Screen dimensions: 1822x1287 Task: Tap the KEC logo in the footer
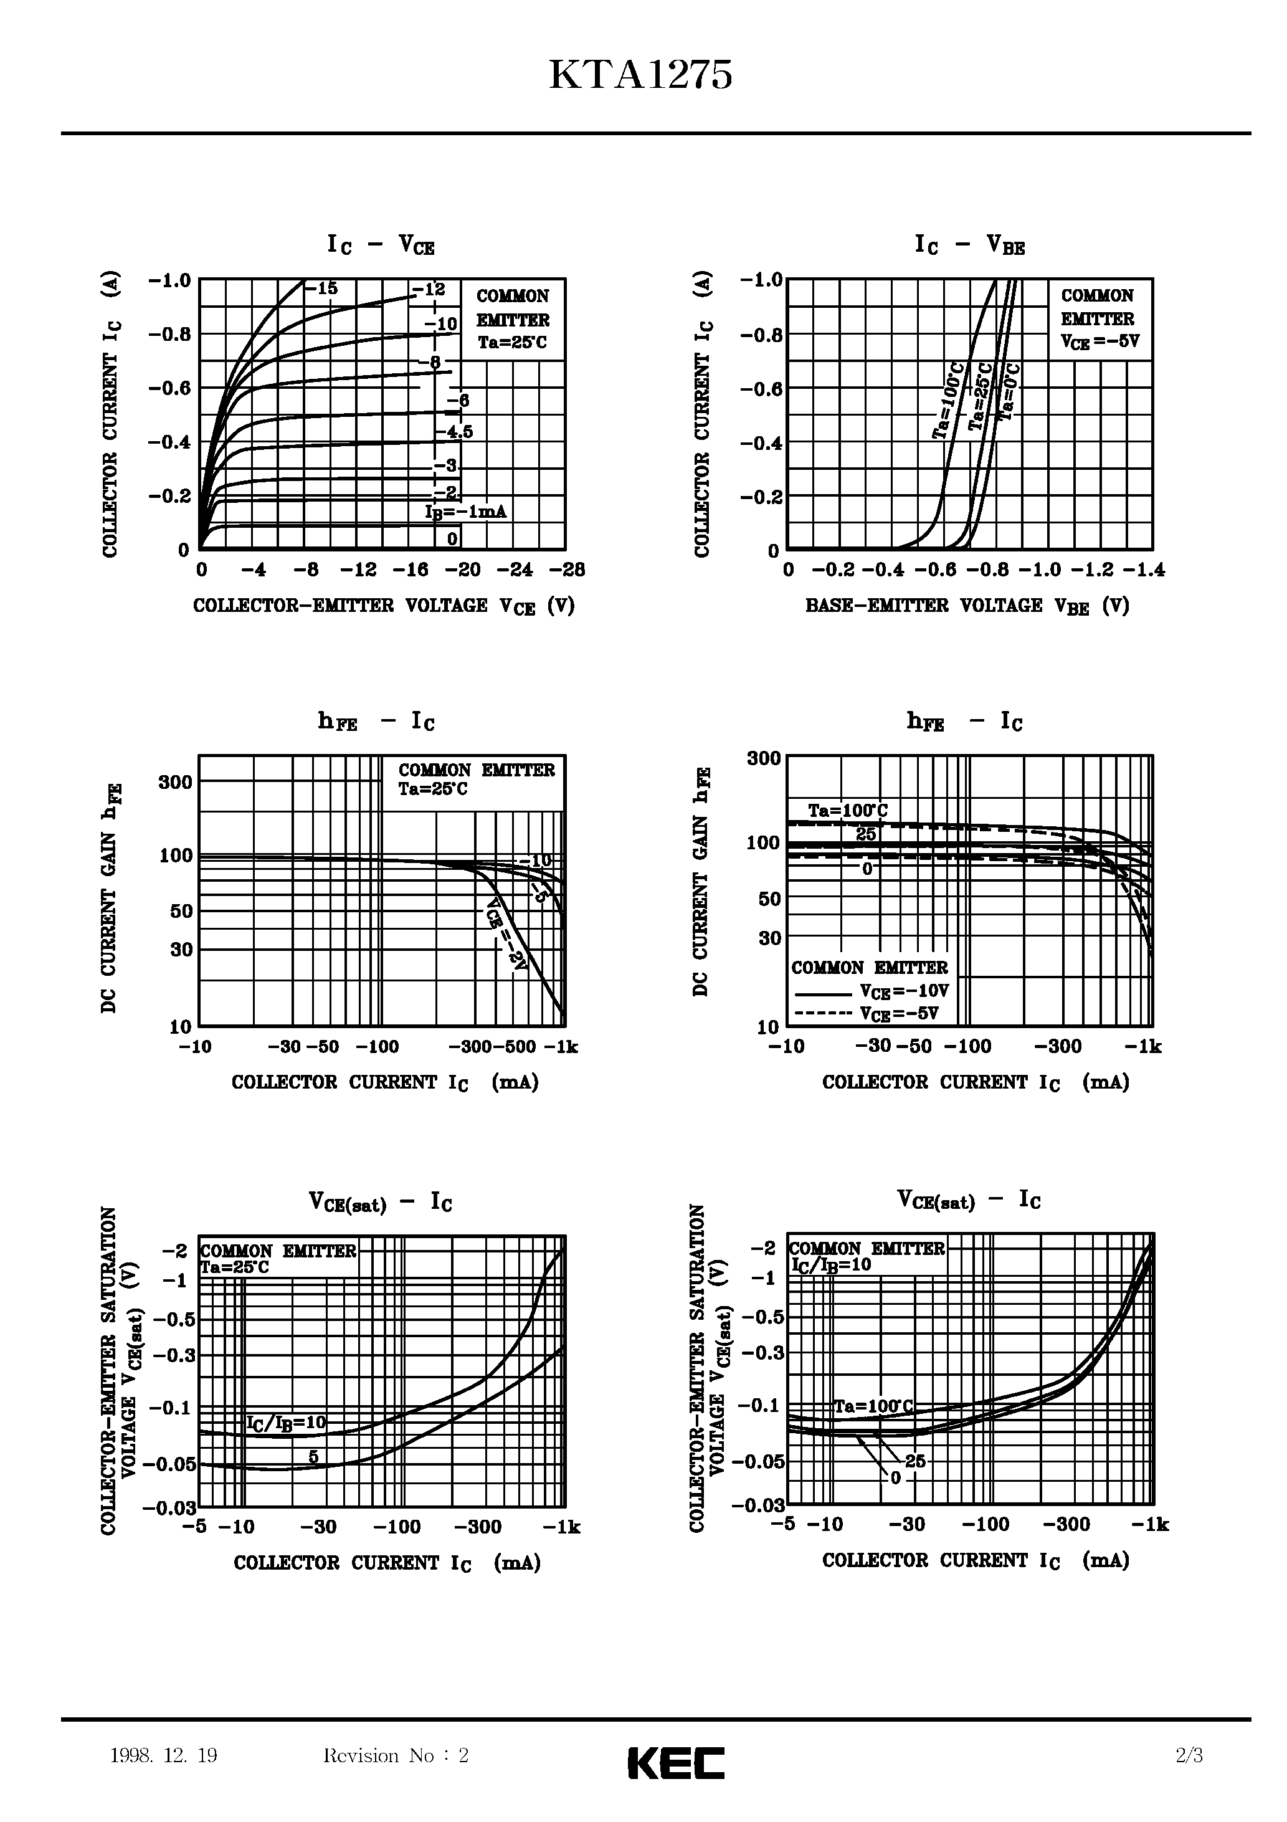[x=676, y=1764]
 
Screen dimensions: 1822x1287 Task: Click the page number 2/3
[x=1189, y=1756]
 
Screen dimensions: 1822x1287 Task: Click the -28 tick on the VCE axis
[x=568, y=570]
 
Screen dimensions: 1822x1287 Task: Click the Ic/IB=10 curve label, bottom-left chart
[x=287, y=1423]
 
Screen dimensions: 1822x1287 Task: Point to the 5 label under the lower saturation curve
[x=313, y=1456]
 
